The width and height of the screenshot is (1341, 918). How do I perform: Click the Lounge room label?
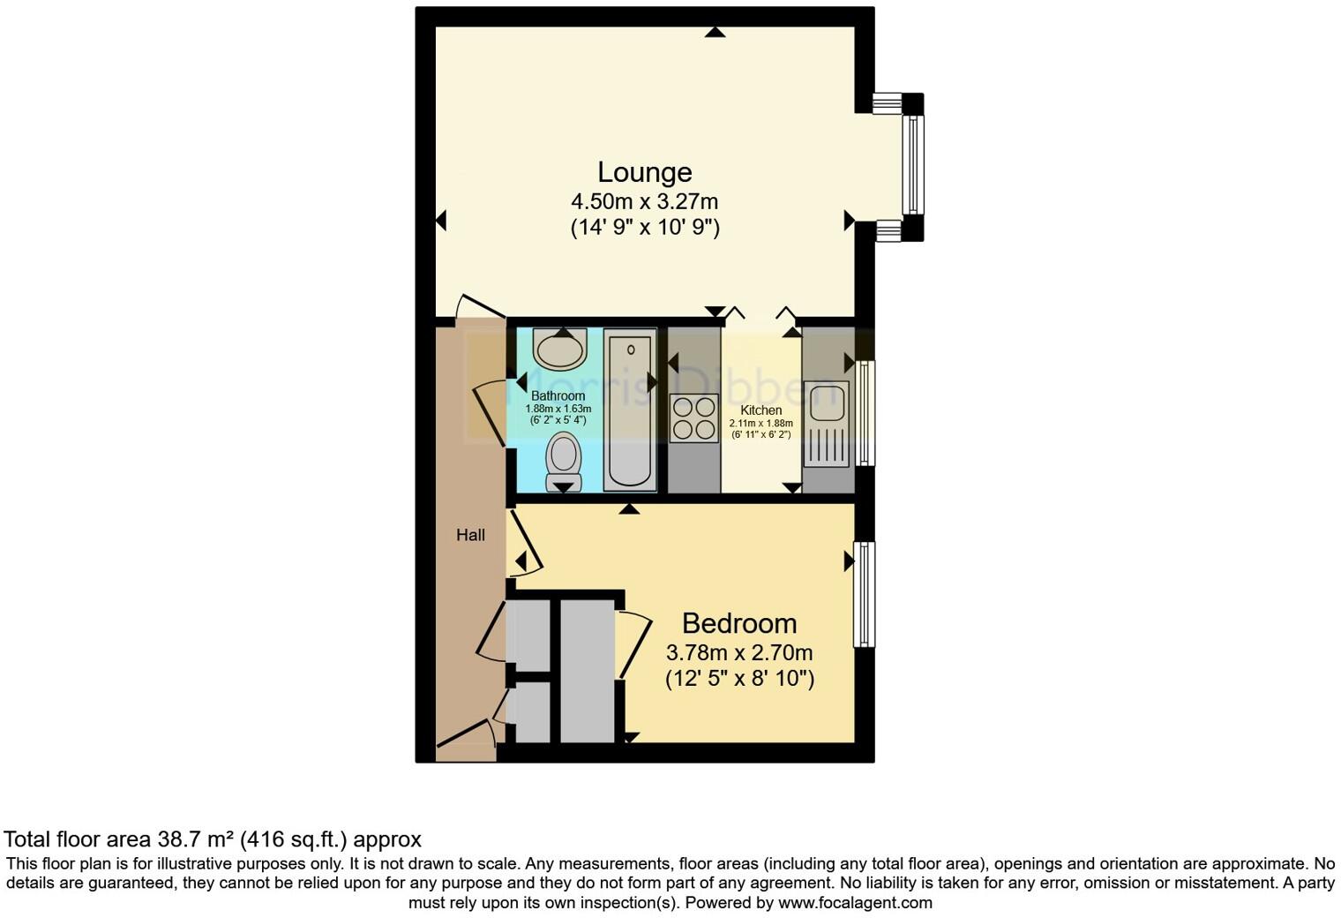point(644,172)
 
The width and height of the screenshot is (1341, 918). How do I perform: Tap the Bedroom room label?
point(738,623)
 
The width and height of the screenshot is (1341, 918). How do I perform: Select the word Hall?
point(470,535)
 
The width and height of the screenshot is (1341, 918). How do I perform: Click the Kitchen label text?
point(760,410)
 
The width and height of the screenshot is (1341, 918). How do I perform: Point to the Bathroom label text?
point(558,396)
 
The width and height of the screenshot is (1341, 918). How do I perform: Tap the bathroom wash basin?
point(560,349)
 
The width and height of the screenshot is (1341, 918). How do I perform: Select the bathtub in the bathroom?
point(630,410)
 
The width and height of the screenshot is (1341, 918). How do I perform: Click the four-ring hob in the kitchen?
point(693,419)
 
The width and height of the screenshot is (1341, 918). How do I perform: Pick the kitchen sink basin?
point(827,403)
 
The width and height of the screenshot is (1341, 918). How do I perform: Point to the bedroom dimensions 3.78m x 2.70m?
point(738,653)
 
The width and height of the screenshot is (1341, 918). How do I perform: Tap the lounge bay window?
point(913,166)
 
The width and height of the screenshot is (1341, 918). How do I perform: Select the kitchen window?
point(866,412)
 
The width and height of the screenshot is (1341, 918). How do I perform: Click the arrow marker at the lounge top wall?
point(715,33)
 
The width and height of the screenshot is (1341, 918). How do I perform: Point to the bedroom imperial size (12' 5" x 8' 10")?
point(738,679)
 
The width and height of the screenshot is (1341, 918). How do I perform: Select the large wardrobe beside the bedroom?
point(587,671)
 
